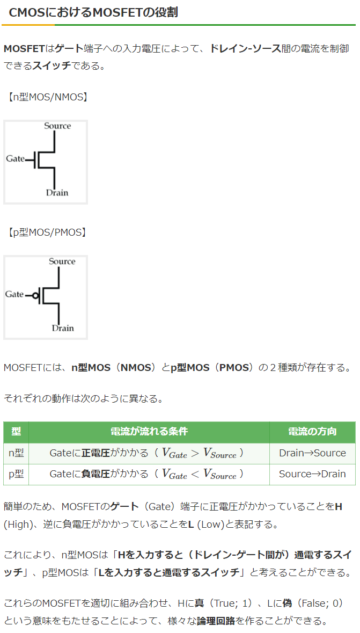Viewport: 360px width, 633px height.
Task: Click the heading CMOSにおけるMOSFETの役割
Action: [93, 12]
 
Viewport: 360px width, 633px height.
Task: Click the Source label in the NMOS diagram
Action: [57, 126]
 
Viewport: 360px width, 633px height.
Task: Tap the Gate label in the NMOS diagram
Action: [15, 158]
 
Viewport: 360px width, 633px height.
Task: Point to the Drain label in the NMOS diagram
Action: [57, 193]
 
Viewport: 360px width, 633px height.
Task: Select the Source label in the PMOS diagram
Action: [62, 261]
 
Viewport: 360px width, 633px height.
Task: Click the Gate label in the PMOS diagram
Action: [14, 294]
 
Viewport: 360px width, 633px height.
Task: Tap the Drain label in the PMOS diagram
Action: [63, 328]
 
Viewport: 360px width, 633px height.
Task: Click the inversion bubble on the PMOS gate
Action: [36, 295]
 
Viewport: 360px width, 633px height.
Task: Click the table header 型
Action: [16, 432]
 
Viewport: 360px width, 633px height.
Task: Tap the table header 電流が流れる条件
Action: [149, 432]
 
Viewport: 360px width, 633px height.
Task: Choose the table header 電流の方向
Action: [312, 432]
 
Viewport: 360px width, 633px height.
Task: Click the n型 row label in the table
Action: [16, 453]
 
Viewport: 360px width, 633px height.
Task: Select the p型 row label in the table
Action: [16, 474]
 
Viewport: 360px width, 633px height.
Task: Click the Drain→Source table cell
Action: [312, 453]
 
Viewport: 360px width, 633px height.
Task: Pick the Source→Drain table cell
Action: [312, 474]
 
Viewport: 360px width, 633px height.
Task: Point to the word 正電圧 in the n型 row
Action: [95, 453]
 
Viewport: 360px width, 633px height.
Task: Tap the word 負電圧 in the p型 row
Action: [95, 474]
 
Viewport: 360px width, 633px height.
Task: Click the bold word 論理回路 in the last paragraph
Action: [216, 621]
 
